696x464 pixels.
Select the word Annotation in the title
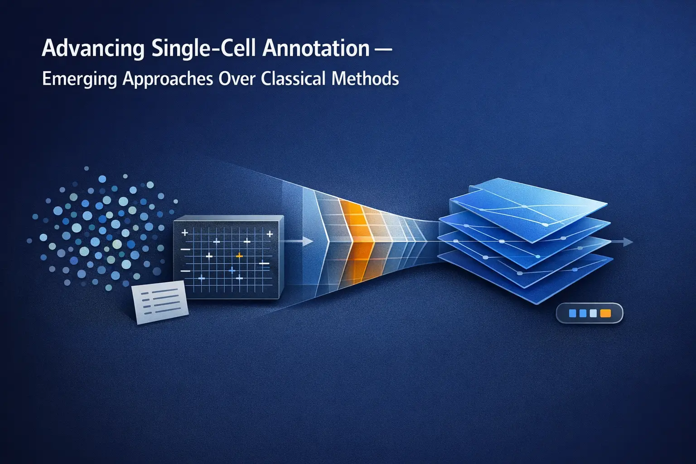click(316, 48)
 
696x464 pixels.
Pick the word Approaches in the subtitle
click(168, 79)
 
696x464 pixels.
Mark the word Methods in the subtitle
click(365, 79)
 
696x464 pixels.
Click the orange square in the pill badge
click(605, 313)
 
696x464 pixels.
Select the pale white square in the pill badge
click(594, 313)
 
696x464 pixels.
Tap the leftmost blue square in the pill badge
click(572, 313)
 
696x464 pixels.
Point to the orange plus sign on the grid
click(240, 256)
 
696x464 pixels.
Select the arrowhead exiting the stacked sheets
click(628, 242)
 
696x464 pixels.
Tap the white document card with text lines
click(160, 302)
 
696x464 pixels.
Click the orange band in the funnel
click(358, 240)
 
